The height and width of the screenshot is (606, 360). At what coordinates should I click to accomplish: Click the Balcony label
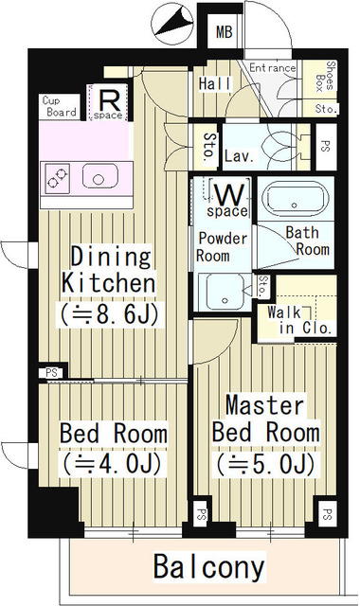point(208,566)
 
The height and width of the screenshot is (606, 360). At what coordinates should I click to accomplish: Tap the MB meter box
point(224,31)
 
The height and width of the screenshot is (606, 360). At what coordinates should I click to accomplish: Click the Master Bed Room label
point(266,419)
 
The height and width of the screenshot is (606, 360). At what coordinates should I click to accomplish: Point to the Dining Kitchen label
point(109,270)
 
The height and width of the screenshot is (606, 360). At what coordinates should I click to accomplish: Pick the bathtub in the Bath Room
point(295,200)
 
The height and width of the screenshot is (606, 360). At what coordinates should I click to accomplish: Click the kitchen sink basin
point(100,177)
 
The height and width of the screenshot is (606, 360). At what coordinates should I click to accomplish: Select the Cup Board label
point(59,106)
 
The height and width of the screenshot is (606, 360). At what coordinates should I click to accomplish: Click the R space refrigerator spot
point(108,103)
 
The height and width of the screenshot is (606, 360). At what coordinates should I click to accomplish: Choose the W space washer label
point(228,200)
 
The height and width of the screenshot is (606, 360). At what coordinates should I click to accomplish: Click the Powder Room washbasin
point(224,291)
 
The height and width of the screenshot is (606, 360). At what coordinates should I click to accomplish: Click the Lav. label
point(240,155)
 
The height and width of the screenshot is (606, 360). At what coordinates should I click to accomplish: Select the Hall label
point(215,84)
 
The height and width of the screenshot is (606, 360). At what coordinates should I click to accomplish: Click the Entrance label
point(272,68)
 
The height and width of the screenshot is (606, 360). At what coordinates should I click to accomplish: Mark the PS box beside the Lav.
point(326,147)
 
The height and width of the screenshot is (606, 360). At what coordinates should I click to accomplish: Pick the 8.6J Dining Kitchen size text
point(109,313)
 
